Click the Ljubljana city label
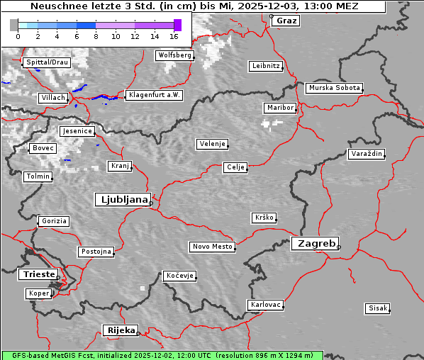(x=123, y=199)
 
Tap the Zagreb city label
(x=314, y=243)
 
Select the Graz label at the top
(x=286, y=21)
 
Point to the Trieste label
(x=37, y=274)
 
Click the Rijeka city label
(x=120, y=330)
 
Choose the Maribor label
(x=279, y=108)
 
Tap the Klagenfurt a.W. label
(x=154, y=95)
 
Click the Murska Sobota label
(x=334, y=88)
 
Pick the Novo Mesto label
(x=212, y=247)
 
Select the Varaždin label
(x=367, y=154)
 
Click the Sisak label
(x=377, y=308)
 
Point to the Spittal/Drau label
(x=47, y=62)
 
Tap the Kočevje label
(x=179, y=276)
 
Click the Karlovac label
(x=266, y=305)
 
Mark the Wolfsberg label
(x=174, y=55)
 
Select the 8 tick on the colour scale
(x=96, y=35)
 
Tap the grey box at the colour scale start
(x=13, y=25)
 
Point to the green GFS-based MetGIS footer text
(x=162, y=355)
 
